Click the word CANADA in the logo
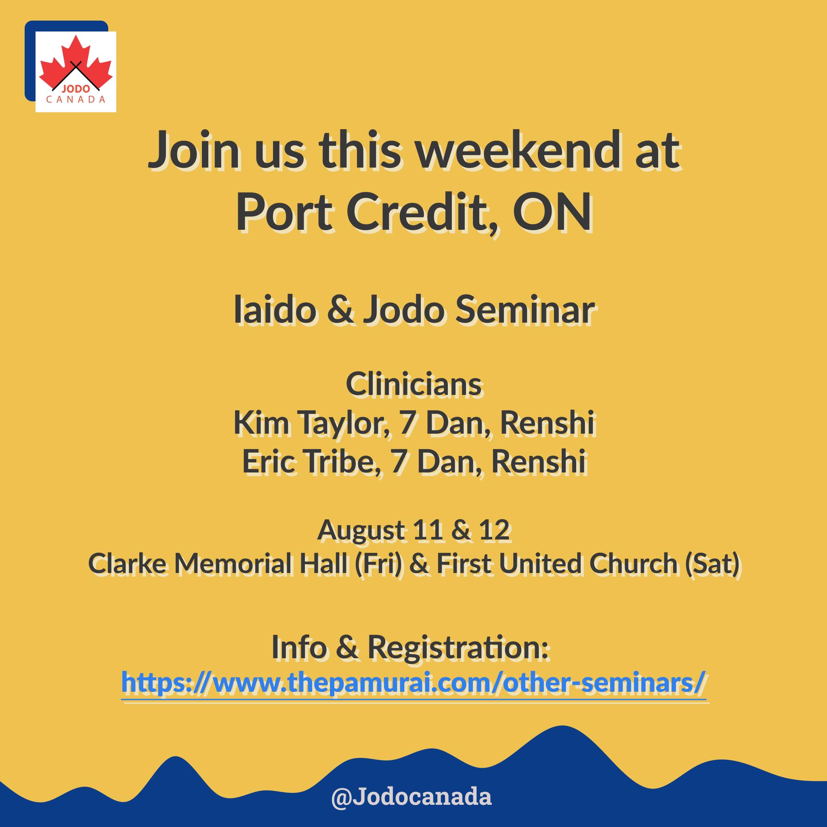tap(76, 100)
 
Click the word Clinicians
tap(413, 384)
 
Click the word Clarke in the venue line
tap(127, 563)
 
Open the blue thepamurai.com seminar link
tap(413, 682)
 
